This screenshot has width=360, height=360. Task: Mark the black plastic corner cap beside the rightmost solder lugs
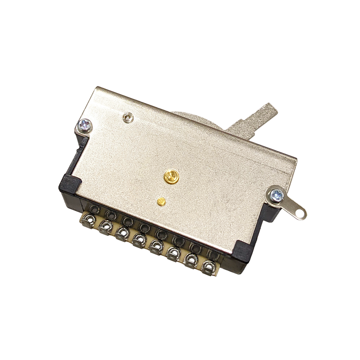click(240, 252)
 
